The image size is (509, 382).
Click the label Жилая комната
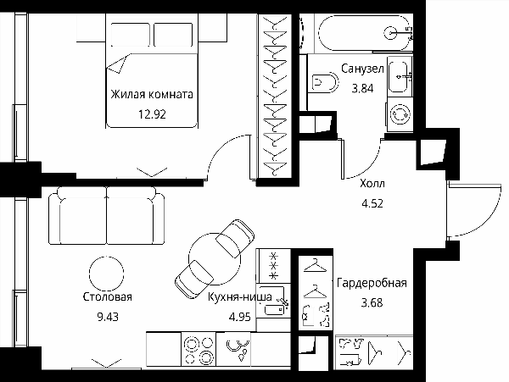pyautogui.click(x=152, y=94)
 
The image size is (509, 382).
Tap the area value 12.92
pyautogui.click(x=152, y=114)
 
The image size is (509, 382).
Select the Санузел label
pyautogui.click(x=362, y=69)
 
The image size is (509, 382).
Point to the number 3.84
pyautogui.click(x=362, y=88)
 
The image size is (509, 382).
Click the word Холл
pyautogui.click(x=372, y=184)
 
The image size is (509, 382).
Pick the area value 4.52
pyautogui.click(x=372, y=203)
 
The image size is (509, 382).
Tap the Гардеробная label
pyautogui.click(x=372, y=283)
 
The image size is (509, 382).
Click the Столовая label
pyautogui.click(x=108, y=296)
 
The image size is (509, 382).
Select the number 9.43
pyautogui.click(x=108, y=317)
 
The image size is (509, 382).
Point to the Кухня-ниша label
pyautogui.click(x=240, y=296)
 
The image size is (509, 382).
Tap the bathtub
pyautogui.click(x=365, y=33)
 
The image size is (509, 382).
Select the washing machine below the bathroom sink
pyautogui.click(x=400, y=114)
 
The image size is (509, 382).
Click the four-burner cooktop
pyautogui.click(x=199, y=350)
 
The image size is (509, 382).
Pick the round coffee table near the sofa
pyautogui.click(x=107, y=273)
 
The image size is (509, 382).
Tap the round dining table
pyautogui.click(x=215, y=259)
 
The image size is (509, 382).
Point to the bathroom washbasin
pyautogui.click(x=400, y=76)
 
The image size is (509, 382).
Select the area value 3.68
pyautogui.click(x=372, y=302)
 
